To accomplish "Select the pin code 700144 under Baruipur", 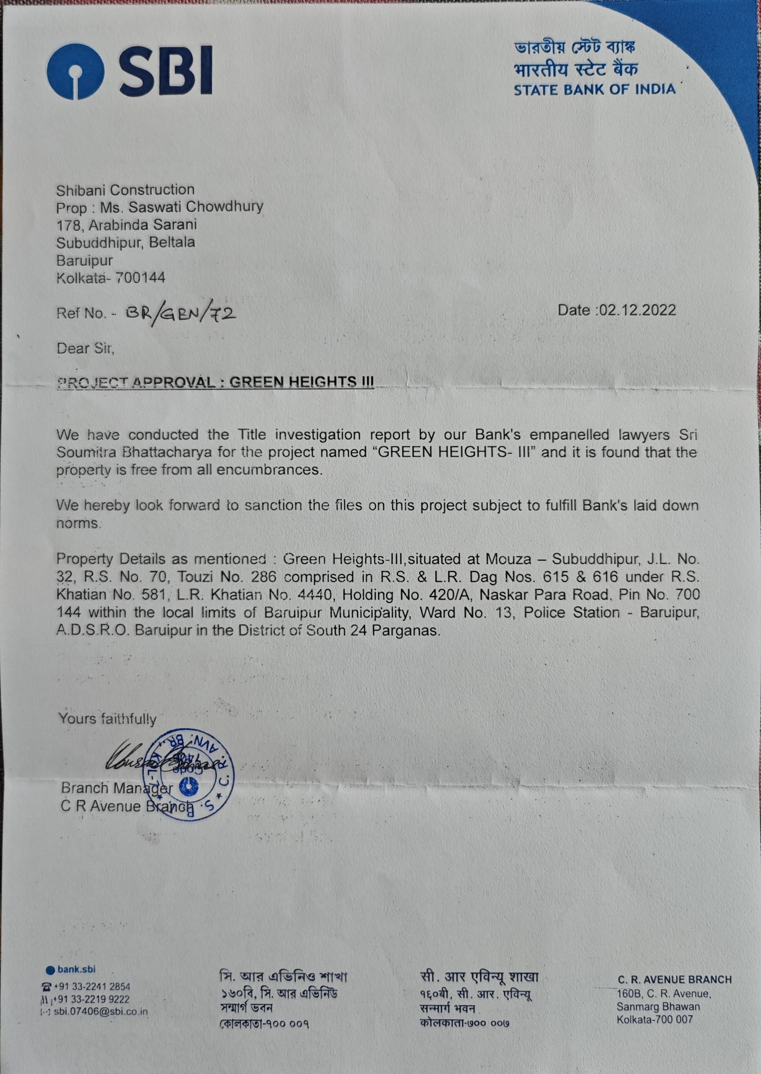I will tap(140, 278).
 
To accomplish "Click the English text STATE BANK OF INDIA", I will tap(595, 90).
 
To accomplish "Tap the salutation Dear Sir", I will tap(85, 348).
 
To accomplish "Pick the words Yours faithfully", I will tap(107, 719).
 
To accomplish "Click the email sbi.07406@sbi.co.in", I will tap(101, 1011).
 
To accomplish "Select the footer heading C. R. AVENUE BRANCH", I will tap(674, 979).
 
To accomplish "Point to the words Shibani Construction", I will tap(126, 190).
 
